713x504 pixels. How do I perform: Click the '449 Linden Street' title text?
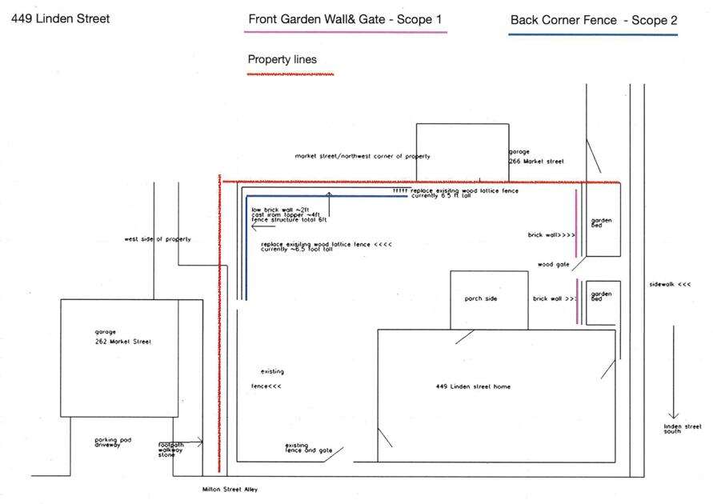point(60,18)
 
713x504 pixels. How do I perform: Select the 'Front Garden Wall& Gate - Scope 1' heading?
point(345,19)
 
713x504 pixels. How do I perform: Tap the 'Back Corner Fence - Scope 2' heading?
point(593,20)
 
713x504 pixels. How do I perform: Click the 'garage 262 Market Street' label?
point(122,337)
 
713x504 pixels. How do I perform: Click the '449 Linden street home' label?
point(473,387)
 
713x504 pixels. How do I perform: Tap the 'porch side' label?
point(481,299)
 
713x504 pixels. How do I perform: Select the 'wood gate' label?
point(553,264)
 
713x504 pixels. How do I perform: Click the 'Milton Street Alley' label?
point(230,490)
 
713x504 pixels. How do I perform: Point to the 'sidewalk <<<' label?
point(670,284)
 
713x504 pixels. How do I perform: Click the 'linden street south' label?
point(677,429)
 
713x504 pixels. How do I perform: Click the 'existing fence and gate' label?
point(308,448)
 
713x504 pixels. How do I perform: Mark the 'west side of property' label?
point(158,239)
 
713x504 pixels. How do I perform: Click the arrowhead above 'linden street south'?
point(674,415)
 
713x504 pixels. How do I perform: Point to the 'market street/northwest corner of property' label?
point(363,157)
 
